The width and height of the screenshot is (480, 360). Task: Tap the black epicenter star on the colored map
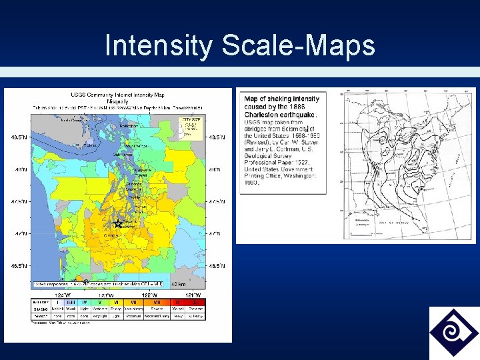tap(118, 224)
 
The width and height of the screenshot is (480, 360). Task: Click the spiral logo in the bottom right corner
tap(453, 333)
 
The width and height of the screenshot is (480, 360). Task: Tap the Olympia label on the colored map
tap(111, 235)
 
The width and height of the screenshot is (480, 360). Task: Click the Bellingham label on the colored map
tap(129, 125)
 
